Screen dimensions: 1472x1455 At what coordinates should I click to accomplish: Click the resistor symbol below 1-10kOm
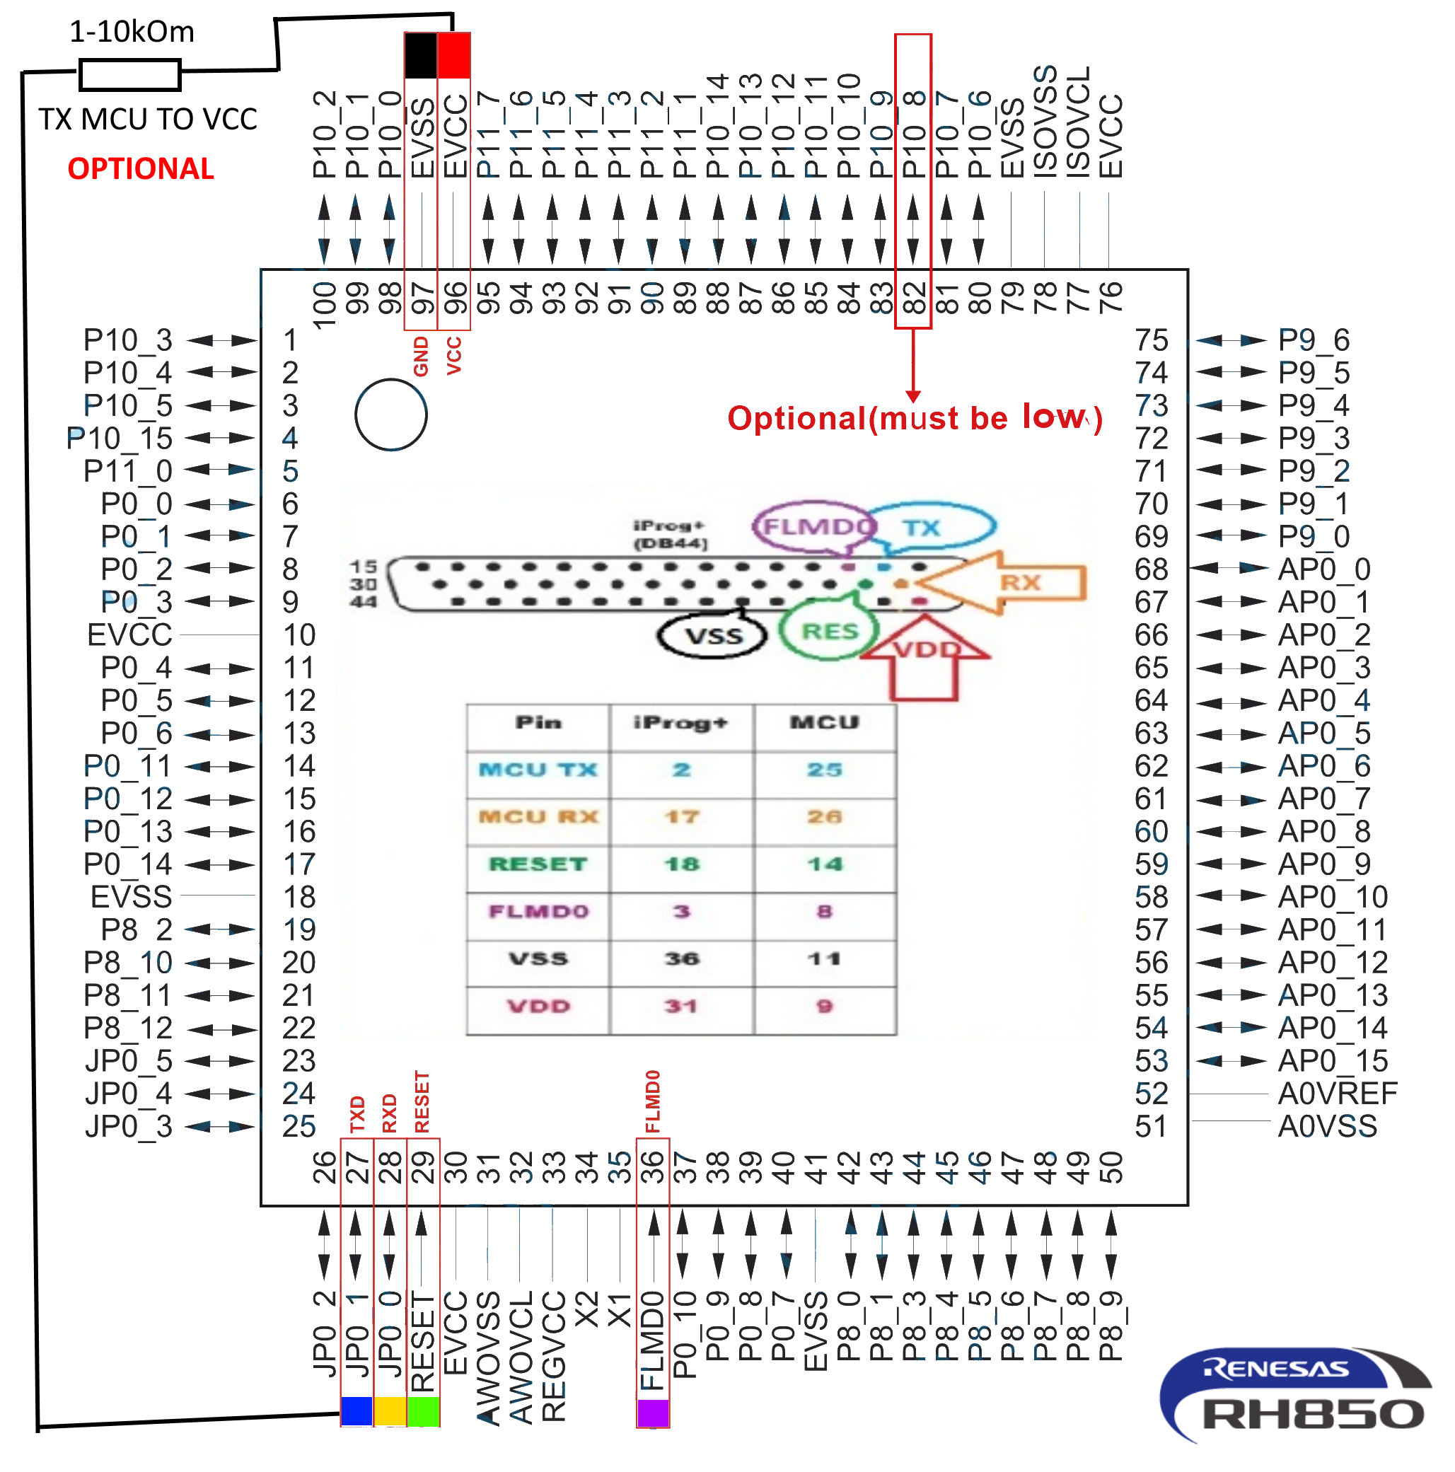[129, 75]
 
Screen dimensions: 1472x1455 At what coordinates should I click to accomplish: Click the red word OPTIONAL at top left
[141, 168]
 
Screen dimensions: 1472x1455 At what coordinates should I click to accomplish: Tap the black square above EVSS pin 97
[420, 55]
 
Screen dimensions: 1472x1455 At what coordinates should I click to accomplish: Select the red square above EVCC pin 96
[454, 55]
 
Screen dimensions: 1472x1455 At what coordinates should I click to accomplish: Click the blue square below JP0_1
[356, 1411]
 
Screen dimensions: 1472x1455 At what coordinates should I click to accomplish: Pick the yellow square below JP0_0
[390, 1411]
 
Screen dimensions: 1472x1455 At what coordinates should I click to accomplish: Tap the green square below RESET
[423, 1411]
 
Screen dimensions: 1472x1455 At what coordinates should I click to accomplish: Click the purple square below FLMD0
[653, 1413]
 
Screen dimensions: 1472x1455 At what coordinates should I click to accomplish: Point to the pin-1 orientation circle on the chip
[390, 415]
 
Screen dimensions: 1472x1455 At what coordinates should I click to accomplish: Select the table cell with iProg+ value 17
[681, 817]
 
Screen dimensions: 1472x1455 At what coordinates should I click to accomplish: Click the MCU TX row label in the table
[538, 770]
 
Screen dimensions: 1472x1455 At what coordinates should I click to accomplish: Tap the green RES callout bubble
[829, 631]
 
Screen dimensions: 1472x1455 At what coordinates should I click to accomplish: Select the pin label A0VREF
[1337, 1094]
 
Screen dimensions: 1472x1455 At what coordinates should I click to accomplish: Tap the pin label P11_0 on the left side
[128, 471]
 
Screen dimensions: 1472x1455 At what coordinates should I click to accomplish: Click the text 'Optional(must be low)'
[914, 418]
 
